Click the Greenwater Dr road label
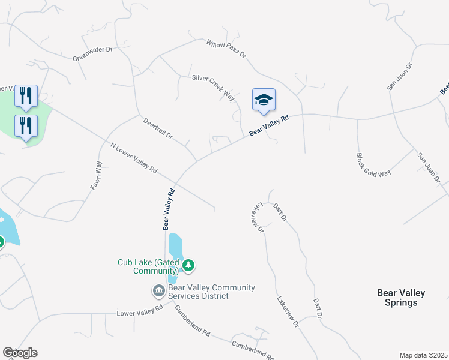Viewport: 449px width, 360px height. (92, 55)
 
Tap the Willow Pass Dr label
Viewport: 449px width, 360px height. (226, 49)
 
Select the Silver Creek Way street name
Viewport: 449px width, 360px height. (213, 87)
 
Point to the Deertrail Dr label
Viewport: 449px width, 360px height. (158, 128)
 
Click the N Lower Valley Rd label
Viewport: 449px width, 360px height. (133, 158)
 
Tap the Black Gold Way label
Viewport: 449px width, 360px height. (373, 164)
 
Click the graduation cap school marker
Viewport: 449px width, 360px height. (263, 100)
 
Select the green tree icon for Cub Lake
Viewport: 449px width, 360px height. (189, 265)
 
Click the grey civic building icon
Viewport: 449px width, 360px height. (159, 291)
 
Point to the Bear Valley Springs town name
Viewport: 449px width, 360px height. (401, 298)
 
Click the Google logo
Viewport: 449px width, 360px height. (20, 353)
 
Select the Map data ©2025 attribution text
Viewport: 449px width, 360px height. (423, 355)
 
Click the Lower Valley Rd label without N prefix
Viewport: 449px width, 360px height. (140, 311)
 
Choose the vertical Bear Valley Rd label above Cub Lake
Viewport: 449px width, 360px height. (168, 209)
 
